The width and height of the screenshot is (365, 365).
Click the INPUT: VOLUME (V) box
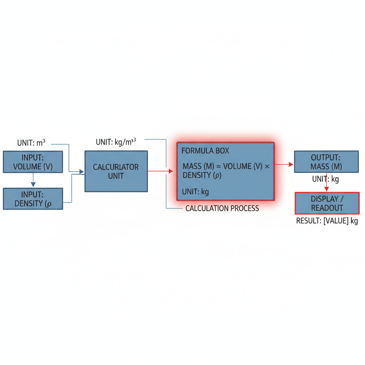tap(33, 162)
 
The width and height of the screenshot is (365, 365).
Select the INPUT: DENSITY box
tap(33, 199)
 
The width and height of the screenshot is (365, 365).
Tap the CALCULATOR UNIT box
tap(116, 171)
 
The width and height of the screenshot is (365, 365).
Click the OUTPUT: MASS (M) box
tap(327, 162)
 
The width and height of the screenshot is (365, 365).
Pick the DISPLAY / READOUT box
tap(327, 203)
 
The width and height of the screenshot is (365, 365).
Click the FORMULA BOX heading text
tap(205, 151)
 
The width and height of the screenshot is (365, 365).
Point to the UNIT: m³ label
tap(31, 143)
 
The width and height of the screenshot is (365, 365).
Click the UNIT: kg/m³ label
tap(116, 142)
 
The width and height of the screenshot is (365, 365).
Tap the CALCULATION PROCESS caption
tap(222, 208)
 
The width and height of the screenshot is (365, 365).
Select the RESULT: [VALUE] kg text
tap(327, 220)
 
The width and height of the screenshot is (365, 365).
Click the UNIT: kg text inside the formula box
tap(195, 192)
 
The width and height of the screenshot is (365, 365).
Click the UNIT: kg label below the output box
tap(325, 179)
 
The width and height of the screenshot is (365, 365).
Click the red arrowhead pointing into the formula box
tap(171, 171)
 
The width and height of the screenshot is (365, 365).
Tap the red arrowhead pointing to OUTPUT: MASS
tap(291, 164)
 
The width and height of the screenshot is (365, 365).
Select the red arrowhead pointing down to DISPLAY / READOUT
tap(327, 189)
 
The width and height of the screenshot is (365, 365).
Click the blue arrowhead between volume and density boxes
tap(33, 185)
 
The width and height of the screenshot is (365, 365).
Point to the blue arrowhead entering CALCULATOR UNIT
tap(82, 172)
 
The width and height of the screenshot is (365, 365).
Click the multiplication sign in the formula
tap(267, 166)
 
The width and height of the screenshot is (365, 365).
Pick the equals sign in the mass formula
tap(219, 167)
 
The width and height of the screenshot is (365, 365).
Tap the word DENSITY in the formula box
tap(197, 175)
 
